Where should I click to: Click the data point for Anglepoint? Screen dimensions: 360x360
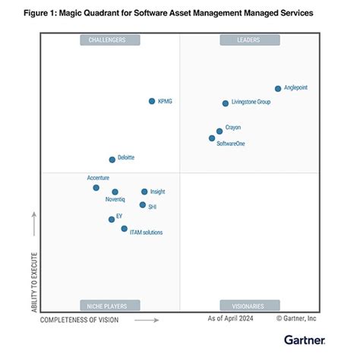[278, 89]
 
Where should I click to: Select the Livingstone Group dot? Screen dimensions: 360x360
[226, 103]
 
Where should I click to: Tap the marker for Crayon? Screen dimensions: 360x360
[219, 131]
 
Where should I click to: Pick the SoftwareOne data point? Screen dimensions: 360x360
[212, 138]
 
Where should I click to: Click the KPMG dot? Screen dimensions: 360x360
[152, 101]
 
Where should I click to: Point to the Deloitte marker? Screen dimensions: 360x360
[112, 159]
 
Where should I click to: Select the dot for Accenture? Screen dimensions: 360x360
[96, 188]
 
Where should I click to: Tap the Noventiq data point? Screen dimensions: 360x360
[115, 192]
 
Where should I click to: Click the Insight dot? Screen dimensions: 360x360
[144, 192]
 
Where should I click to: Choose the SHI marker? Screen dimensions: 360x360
[142, 205]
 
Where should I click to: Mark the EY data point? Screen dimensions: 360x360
[112, 219]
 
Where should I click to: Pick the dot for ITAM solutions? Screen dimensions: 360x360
[124, 229]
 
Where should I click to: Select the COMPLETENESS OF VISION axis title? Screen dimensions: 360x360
[80, 320]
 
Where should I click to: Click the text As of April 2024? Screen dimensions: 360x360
[230, 319]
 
